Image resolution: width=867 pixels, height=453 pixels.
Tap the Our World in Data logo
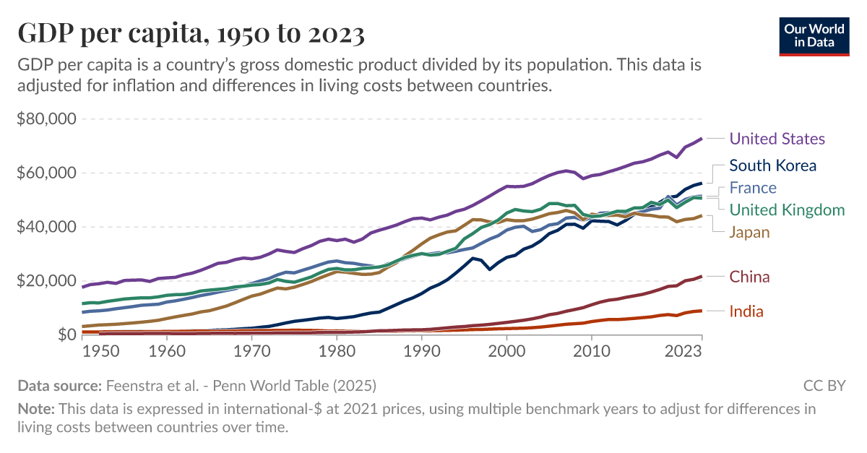(x=814, y=34)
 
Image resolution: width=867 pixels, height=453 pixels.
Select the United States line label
(x=777, y=139)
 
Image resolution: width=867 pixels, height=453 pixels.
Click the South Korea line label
(x=772, y=165)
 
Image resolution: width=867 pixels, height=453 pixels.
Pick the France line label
(x=753, y=188)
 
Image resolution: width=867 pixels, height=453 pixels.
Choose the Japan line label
(x=749, y=232)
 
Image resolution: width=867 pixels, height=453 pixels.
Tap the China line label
(x=749, y=277)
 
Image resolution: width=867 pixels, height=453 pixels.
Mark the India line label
(x=746, y=311)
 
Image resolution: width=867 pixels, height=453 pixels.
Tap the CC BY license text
(x=824, y=385)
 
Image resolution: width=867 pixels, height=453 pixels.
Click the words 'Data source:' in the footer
(x=60, y=385)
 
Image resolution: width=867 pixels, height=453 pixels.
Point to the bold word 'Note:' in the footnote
(x=36, y=409)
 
